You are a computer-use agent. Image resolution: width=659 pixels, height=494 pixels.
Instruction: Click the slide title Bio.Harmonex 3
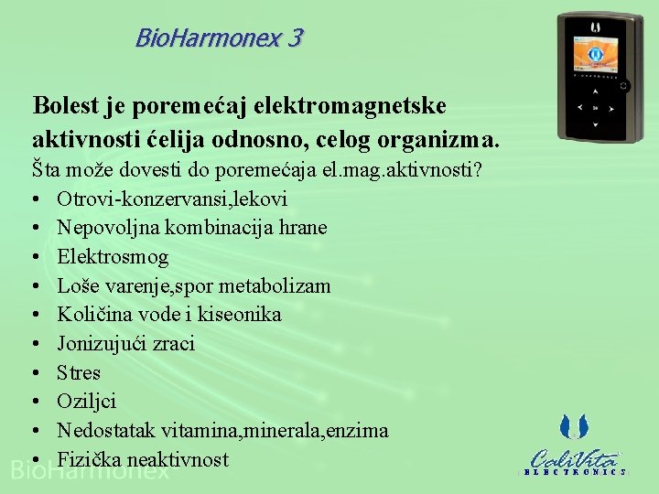(x=218, y=38)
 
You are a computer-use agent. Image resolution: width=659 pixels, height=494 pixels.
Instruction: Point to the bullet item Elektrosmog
(x=113, y=256)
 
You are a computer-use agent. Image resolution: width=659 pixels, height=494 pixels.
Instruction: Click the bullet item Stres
(x=79, y=372)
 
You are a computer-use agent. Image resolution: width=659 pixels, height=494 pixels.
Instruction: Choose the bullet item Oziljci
(x=87, y=402)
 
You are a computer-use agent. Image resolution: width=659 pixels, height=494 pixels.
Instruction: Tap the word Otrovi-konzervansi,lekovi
(x=172, y=199)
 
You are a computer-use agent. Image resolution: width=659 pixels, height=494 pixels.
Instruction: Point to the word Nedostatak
(x=103, y=430)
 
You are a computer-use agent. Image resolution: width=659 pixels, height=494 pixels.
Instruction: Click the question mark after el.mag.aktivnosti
(x=478, y=170)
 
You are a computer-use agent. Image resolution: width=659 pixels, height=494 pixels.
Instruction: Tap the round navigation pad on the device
(x=595, y=108)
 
